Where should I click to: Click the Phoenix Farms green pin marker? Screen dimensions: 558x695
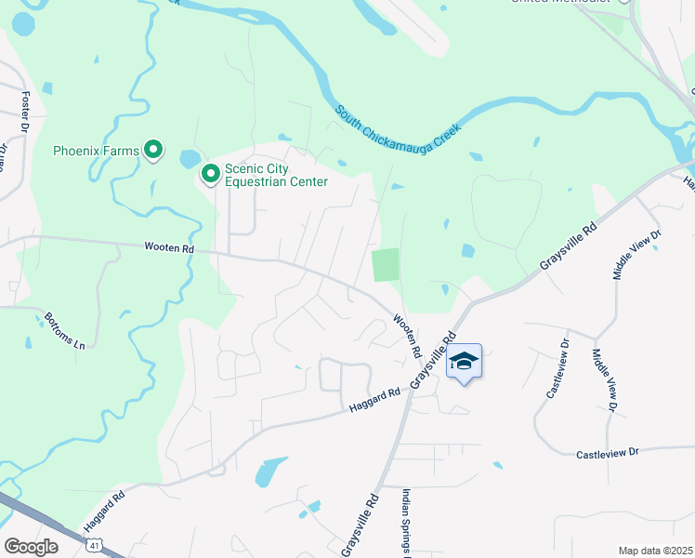click(153, 150)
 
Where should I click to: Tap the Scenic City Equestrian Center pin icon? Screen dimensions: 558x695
click(211, 173)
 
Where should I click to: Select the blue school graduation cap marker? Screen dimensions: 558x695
click(465, 362)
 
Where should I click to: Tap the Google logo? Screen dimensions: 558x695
click(31, 546)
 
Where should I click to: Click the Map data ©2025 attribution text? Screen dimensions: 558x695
click(655, 551)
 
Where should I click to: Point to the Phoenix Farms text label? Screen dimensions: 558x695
click(96, 150)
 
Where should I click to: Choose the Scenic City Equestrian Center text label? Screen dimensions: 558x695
click(276, 175)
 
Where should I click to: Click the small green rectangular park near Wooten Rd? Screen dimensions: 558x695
click(386, 265)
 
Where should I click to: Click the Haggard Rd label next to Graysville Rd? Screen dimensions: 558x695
click(374, 402)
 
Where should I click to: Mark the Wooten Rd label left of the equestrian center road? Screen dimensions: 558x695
click(169, 248)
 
